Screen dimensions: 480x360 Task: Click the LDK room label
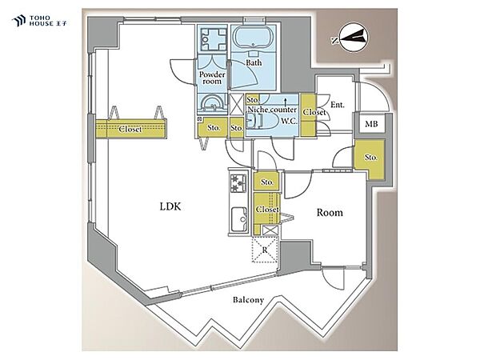tap(170, 206)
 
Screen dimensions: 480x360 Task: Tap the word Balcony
tap(248, 300)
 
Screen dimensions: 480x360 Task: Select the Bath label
tap(254, 62)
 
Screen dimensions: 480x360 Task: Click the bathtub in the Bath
tap(254, 38)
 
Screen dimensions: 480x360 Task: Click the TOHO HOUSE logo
tap(40, 21)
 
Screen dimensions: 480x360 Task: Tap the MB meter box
tap(371, 124)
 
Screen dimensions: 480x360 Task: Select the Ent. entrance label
tap(338, 105)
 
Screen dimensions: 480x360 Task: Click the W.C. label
tap(290, 121)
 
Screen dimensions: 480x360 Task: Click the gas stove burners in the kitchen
tap(238, 182)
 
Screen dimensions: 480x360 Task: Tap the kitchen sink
tap(239, 219)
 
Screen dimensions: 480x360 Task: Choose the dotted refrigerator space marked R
tap(265, 250)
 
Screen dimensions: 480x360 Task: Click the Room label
tap(330, 213)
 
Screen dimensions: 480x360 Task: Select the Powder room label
tap(212, 78)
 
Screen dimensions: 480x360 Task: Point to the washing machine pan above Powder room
tap(213, 38)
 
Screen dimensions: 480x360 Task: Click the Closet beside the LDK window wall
tap(131, 129)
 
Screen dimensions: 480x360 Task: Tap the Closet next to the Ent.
tap(308, 114)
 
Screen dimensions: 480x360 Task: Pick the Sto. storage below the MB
tap(369, 159)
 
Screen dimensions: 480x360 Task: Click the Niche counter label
tap(272, 110)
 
